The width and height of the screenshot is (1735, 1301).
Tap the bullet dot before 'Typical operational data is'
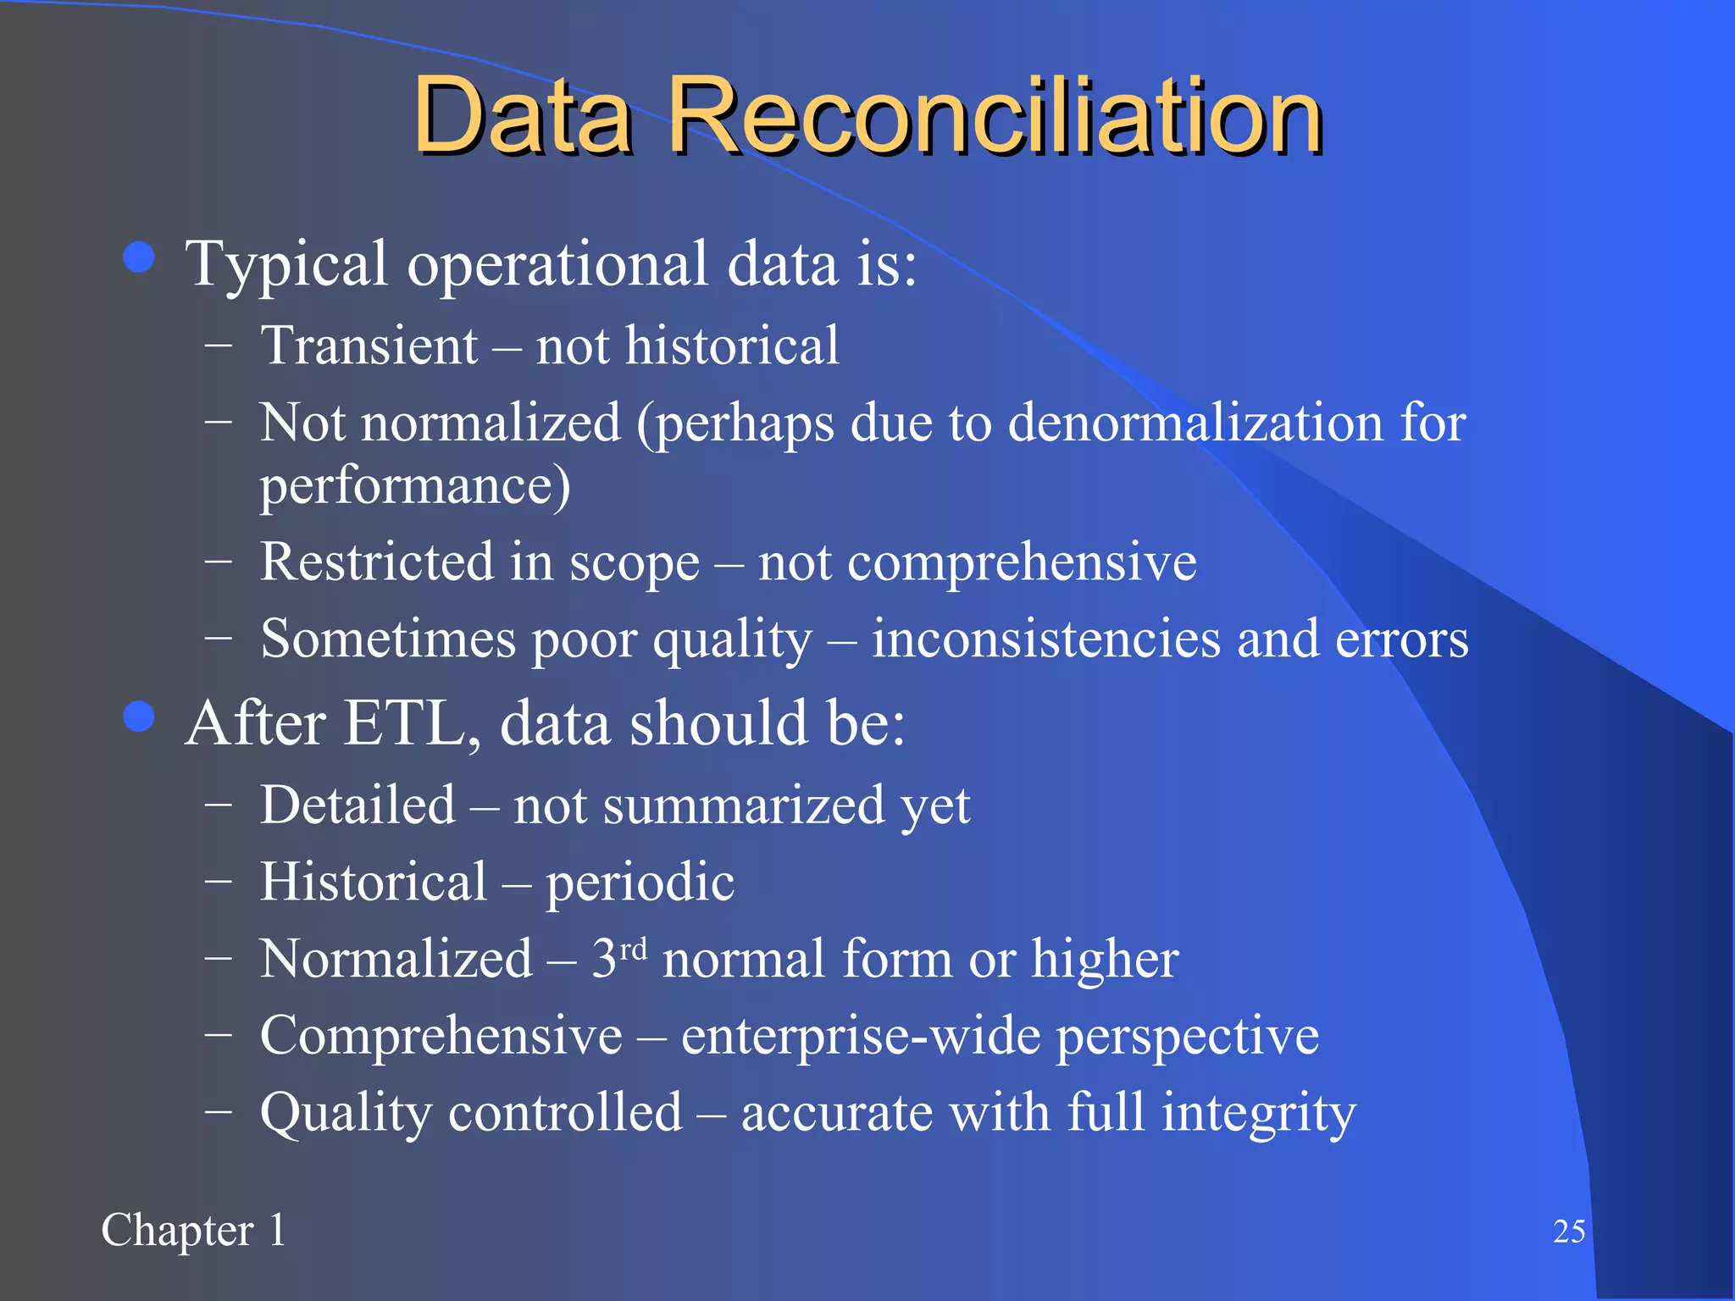click(x=139, y=257)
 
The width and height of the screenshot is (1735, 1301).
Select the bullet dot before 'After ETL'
click(x=139, y=717)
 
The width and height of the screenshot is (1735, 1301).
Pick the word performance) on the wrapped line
click(x=415, y=486)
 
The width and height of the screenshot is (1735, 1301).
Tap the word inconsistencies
click(x=1046, y=639)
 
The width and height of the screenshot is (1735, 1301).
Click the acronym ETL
click(x=404, y=724)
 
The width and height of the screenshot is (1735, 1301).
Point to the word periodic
click(x=640, y=883)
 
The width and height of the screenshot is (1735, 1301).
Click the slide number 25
click(x=1569, y=1232)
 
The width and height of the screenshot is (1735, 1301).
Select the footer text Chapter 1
click(x=193, y=1231)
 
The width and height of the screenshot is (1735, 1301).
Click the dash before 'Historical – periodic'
click(x=219, y=881)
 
